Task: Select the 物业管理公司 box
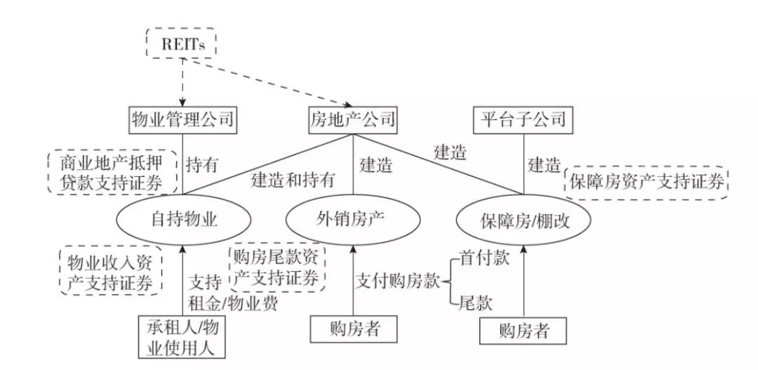(182, 118)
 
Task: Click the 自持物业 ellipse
(183, 219)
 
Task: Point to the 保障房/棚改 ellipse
(524, 220)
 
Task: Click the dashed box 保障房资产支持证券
(646, 183)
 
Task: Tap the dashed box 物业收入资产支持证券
(111, 271)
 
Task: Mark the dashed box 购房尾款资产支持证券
(277, 267)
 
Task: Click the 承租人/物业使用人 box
(182, 336)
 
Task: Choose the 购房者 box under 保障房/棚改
(524, 332)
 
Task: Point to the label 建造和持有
(293, 180)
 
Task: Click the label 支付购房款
(398, 281)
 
